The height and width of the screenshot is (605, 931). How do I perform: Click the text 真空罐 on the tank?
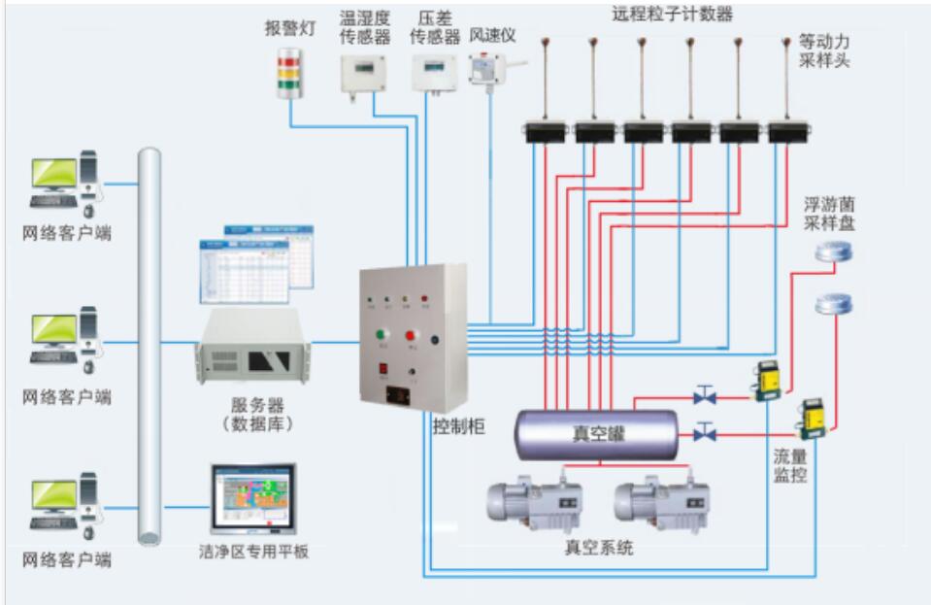[x=598, y=434]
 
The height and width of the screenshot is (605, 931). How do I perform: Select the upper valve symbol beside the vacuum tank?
[x=706, y=395]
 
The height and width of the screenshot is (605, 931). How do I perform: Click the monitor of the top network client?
[x=53, y=176]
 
